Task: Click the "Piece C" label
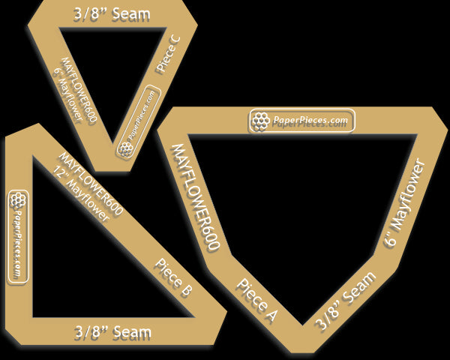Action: point(169,54)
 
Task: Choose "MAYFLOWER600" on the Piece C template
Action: point(79,89)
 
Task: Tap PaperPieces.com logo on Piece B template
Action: point(18,235)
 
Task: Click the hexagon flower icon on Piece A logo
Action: point(260,121)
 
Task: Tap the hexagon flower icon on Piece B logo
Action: point(18,200)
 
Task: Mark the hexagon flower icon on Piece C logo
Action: point(125,148)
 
